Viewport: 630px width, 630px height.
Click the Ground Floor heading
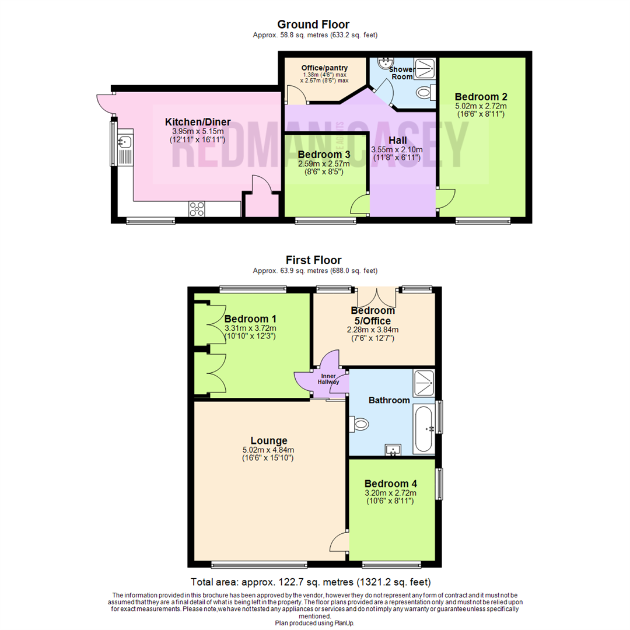(313, 24)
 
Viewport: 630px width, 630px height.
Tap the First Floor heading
(313, 260)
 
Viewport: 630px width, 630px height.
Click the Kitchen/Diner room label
(198, 122)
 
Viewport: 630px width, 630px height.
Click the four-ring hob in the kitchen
(197, 209)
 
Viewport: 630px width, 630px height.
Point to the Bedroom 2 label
(481, 97)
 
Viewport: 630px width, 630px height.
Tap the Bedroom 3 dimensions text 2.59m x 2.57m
(324, 164)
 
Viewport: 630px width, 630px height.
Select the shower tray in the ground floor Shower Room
(424, 69)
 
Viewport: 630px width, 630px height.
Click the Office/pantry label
(325, 68)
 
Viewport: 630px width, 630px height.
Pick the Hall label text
(397, 141)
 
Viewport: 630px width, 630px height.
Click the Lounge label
(269, 441)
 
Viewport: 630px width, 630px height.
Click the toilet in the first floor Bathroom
(358, 424)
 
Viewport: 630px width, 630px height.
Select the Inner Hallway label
(328, 379)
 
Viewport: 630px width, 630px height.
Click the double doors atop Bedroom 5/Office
(376, 297)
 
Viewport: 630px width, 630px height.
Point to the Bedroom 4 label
(390, 484)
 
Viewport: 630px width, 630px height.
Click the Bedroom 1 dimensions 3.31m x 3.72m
(250, 328)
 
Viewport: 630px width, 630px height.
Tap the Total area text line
(310, 582)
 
